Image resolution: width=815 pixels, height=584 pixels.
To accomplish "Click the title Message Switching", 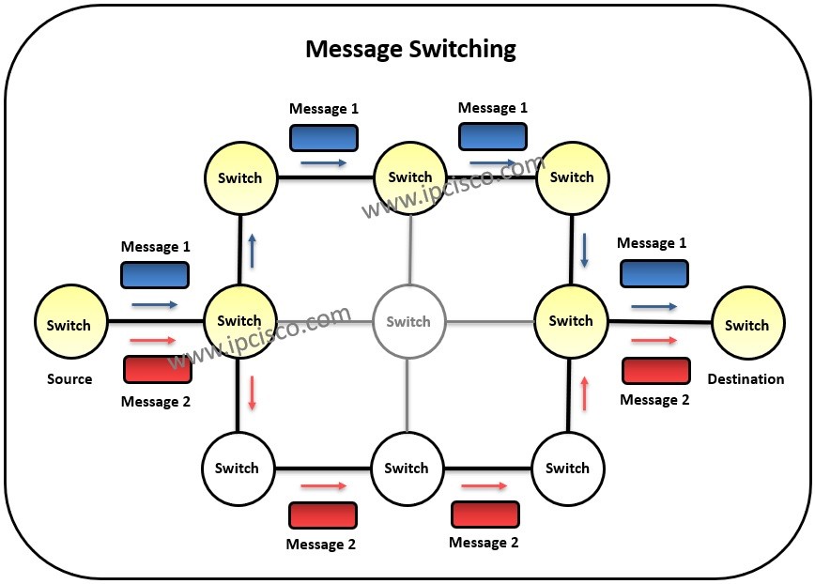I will tap(410, 49).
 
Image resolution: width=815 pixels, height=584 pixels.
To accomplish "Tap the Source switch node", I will tap(69, 325).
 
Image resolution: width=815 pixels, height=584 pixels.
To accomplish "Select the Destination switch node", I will tap(747, 325).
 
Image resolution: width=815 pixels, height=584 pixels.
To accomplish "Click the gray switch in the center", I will tap(408, 321).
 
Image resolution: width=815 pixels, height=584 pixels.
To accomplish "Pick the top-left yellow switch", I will tap(239, 177).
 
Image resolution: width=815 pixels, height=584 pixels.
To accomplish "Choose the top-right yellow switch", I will tap(571, 177).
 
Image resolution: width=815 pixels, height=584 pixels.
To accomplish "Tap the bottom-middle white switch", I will tap(407, 468).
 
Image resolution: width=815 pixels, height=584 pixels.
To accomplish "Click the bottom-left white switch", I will tap(237, 468).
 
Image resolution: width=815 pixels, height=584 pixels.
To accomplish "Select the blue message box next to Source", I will tap(155, 274).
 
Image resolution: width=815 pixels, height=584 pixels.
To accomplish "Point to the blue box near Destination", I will tap(654, 273).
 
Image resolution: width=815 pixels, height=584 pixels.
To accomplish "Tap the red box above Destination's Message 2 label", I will tap(656, 371).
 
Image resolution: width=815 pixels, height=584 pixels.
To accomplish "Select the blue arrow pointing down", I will tap(585, 249).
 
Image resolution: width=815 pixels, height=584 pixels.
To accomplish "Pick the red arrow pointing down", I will tap(252, 392).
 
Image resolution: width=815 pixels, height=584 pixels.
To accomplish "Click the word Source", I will tap(69, 379).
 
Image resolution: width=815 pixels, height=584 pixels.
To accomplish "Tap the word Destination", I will tap(746, 379).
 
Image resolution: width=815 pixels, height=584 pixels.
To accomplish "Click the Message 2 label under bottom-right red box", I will tap(484, 542).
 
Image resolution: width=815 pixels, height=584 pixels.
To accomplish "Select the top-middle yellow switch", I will tap(409, 177).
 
